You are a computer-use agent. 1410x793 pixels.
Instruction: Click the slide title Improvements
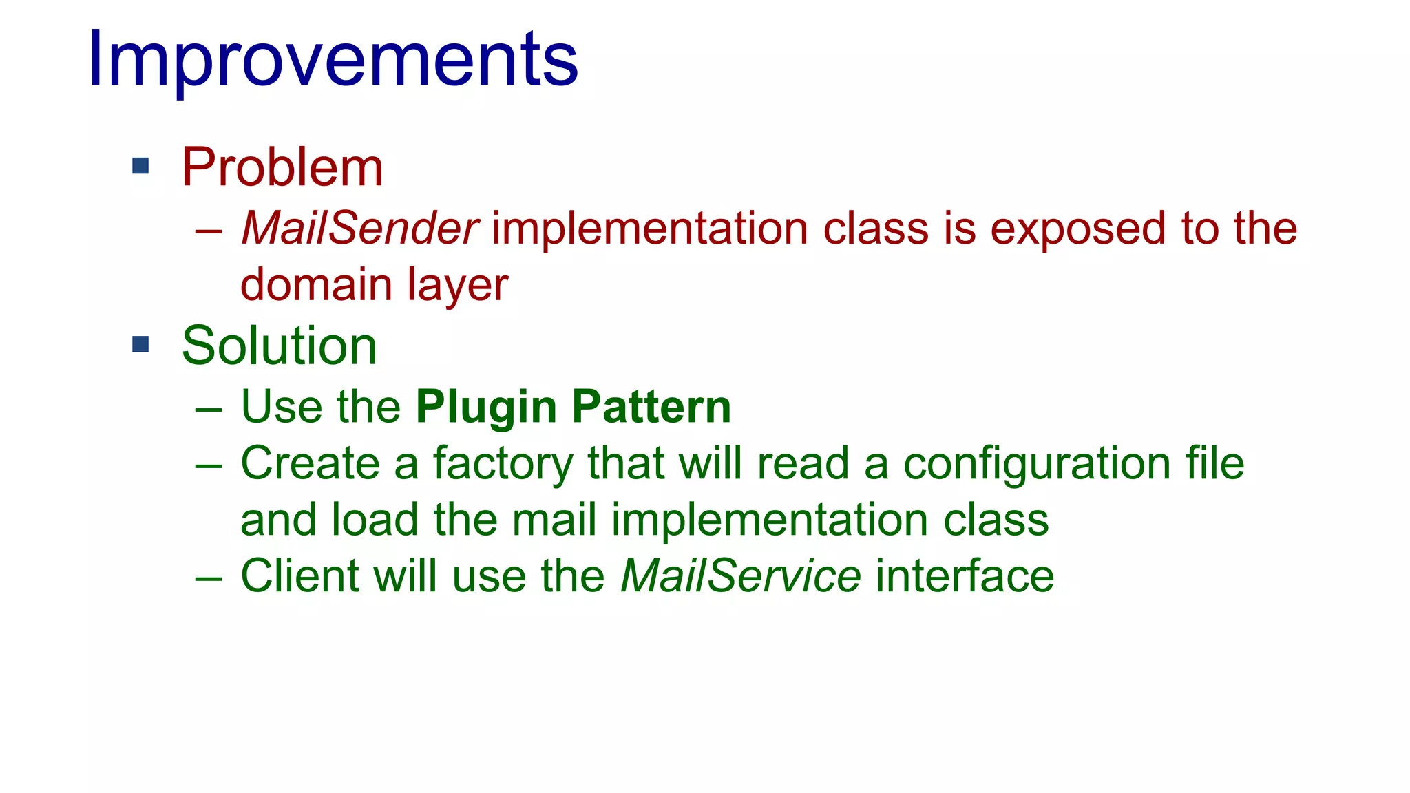tap(333, 60)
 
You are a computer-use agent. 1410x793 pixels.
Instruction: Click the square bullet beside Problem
tap(140, 166)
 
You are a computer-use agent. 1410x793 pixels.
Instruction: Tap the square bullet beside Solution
tap(140, 344)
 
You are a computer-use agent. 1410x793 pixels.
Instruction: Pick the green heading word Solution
tap(279, 346)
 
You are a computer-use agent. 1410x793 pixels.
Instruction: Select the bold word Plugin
tap(486, 408)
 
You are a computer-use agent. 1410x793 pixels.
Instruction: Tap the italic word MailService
tap(740, 575)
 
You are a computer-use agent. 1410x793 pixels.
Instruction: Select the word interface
tap(965, 575)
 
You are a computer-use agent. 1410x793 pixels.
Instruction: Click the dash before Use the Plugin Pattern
tap(209, 410)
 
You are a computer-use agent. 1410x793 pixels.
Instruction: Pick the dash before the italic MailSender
tap(209, 231)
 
